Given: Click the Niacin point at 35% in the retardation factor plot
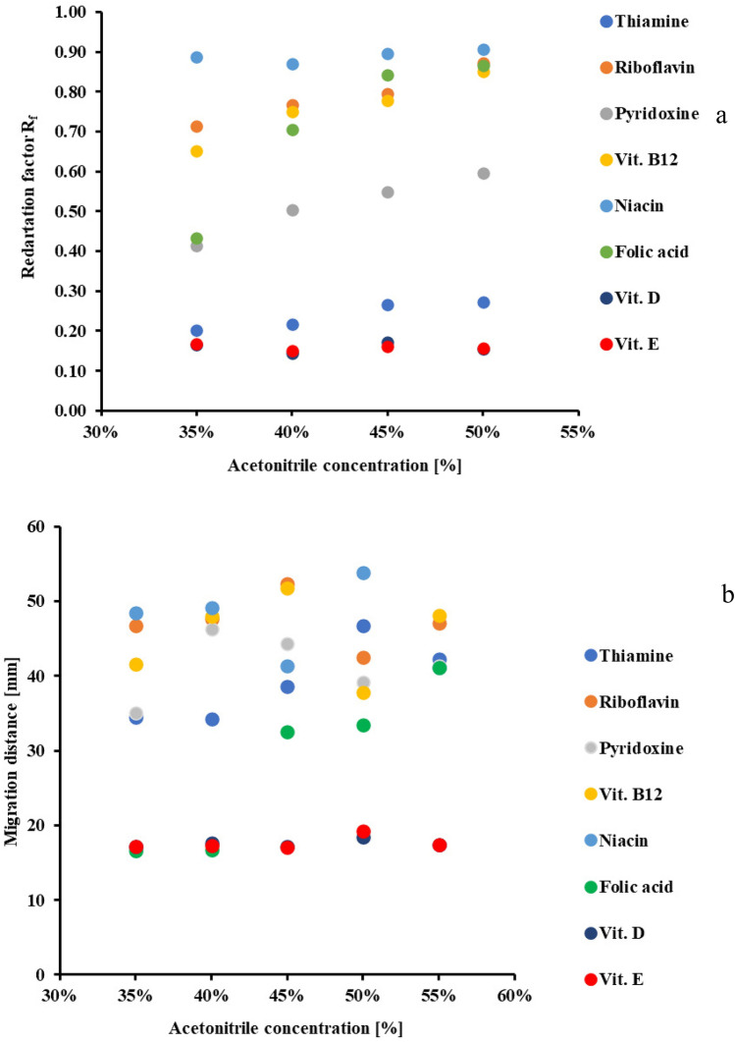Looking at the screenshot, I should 196,57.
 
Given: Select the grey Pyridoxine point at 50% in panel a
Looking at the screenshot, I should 484,173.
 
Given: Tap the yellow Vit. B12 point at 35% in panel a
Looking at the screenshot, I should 196,151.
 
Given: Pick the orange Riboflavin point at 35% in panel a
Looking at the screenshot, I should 196,127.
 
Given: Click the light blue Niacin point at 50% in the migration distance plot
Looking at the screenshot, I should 363,573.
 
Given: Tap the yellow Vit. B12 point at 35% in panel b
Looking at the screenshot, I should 136,665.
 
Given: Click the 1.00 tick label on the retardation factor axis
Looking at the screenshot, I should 72,13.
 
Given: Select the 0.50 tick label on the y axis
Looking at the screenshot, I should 72,211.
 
